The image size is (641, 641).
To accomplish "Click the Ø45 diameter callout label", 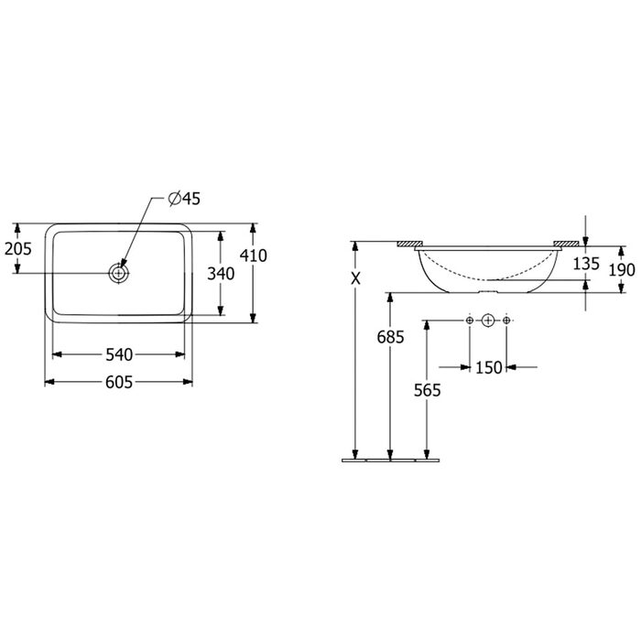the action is [184, 199].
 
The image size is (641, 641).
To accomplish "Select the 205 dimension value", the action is [17, 248].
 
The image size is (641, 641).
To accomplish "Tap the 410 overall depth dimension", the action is [254, 255].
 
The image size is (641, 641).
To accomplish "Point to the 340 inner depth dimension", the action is [221, 274].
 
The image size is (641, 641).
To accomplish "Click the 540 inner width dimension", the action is [119, 354].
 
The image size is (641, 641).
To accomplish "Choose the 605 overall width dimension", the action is [119, 382].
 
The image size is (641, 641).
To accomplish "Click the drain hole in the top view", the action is [118, 273].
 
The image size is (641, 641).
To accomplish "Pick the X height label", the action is [356, 278].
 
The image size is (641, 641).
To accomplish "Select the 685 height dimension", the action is [390, 337].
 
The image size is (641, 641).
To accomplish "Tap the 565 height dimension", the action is [428, 390].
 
